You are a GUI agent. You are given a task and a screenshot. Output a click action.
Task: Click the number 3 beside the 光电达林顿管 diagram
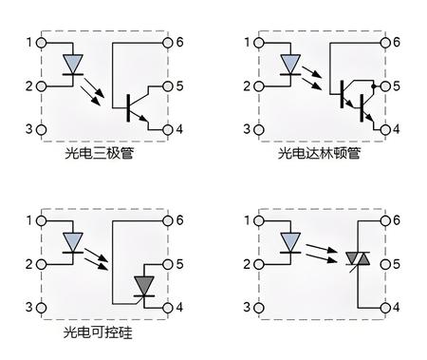click(x=248, y=129)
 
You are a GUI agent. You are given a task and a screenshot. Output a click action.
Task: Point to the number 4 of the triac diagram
click(x=398, y=308)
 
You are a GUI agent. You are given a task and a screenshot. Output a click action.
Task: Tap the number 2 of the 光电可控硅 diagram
click(x=29, y=264)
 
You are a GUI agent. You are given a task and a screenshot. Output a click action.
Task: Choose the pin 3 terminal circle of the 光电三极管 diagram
click(x=41, y=129)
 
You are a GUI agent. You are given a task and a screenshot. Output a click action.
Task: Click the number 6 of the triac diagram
click(x=398, y=220)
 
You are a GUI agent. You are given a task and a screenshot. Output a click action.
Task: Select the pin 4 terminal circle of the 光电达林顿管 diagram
click(x=385, y=129)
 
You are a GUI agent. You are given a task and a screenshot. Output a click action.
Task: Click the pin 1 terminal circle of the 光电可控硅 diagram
click(x=41, y=220)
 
